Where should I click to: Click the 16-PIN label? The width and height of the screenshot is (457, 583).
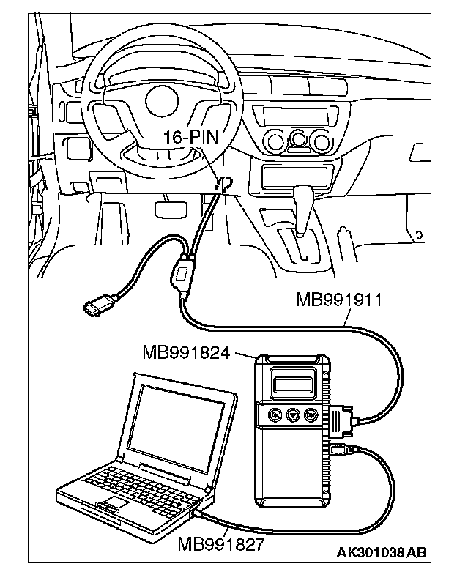(185, 136)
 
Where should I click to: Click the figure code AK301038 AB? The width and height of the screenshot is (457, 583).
(380, 552)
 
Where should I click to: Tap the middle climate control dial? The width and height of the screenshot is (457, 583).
(299, 140)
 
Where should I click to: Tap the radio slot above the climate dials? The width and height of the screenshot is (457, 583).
(289, 114)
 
